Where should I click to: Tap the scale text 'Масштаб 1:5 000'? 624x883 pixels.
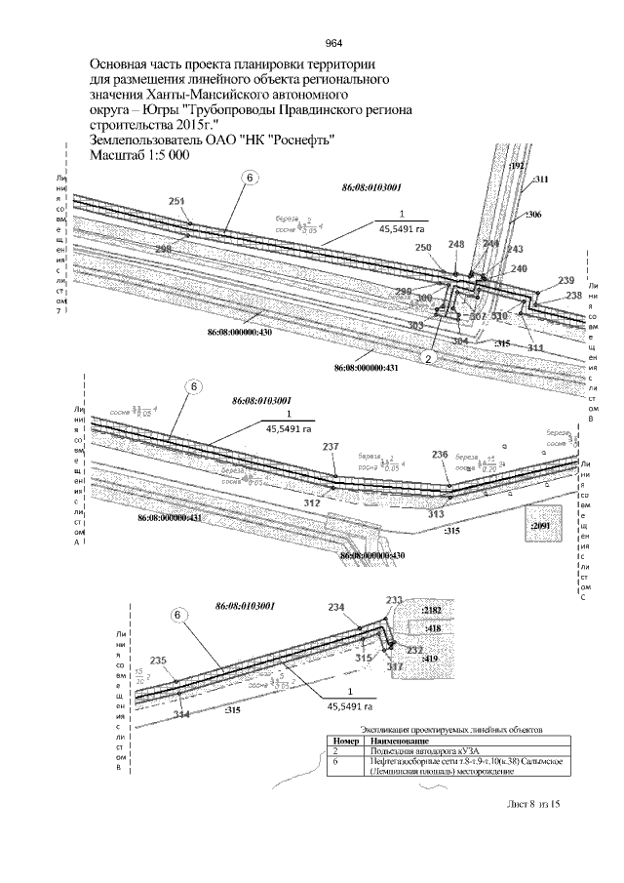pyautogui.click(x=138, y=156)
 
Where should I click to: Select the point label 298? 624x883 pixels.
pyautogui.click(x=163, y=250)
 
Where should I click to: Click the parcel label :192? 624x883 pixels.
pyautogui.click(x=518, y=167)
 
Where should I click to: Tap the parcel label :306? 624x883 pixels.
pyautogui.click(x=533, y=213)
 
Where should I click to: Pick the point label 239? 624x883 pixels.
pyautogui.click(x=565, y=280)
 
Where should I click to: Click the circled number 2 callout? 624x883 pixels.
pyautogui.click(x=427, y=358)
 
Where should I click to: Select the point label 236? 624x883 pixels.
pyautogui.click(x=440, y=455)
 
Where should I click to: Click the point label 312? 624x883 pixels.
pyautogui.click(x=312, y=503)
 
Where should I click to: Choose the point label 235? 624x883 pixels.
pyautogui.click(x=158, y=661)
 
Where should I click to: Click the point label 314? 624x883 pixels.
pyautogui.click(x=181, y=714)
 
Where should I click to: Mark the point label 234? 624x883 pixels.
pyautogui.click(x=335, y=607)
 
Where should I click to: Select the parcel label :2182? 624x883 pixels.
pyautogui.click(x=430, y=609)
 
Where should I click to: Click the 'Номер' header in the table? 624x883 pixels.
pyautogui.click(x=338, y=742)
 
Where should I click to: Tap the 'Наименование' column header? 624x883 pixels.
pyautogui.click(x=391, y=742)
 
